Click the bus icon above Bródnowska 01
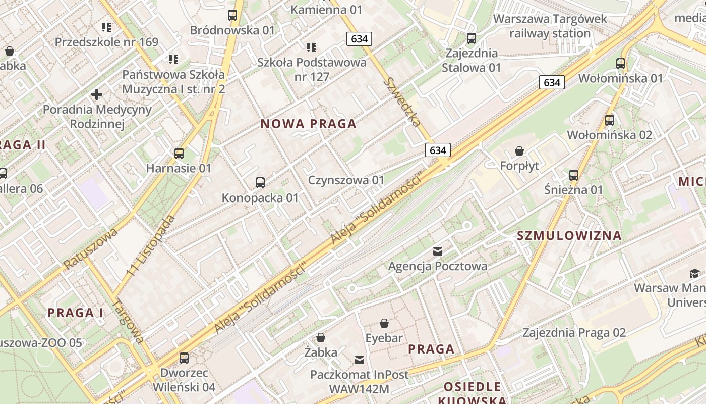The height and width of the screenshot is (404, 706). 232,15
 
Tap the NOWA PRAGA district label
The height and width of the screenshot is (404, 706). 308,124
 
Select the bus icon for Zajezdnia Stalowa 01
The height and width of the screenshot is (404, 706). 472,38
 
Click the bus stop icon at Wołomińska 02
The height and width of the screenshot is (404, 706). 610,120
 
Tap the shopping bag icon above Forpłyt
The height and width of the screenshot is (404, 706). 519,151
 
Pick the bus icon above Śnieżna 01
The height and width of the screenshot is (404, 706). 573,175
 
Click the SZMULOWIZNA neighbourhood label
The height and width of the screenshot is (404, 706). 569,235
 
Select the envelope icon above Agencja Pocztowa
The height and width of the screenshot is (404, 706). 438,251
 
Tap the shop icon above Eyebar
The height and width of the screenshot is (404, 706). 384,323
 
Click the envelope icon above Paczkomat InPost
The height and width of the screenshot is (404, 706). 360,360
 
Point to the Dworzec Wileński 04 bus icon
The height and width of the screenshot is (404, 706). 184,358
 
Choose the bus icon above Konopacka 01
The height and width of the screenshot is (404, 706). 260,183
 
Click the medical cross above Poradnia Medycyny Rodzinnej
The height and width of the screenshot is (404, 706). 97,94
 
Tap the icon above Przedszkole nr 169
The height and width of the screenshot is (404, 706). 106,27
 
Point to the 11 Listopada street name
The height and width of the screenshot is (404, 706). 151,245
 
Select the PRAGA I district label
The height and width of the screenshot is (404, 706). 76,313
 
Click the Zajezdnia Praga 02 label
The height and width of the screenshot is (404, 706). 574,333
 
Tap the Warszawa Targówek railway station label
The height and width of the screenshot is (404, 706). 550,26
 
